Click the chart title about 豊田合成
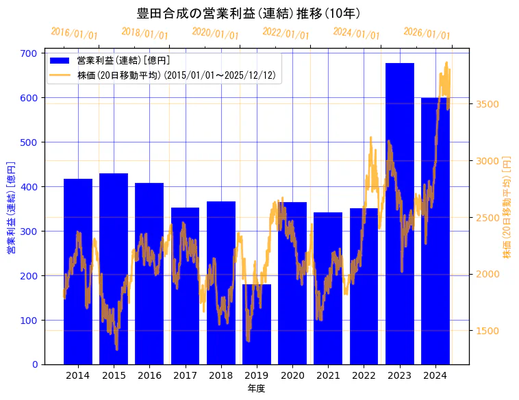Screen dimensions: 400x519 point(249,13)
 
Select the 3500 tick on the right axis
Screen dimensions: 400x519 point(487,104)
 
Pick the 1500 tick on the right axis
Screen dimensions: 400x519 point(487,331)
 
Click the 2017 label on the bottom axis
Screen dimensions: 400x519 point(185,375)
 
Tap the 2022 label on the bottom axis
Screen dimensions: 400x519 point(364,375)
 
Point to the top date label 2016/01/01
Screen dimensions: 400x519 point(74,33)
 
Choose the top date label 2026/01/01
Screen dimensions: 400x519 point(427,33)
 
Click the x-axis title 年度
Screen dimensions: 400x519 point(256,388)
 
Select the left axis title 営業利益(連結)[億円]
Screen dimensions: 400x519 point(11,208)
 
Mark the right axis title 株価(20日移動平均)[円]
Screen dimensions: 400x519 point(507,206)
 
